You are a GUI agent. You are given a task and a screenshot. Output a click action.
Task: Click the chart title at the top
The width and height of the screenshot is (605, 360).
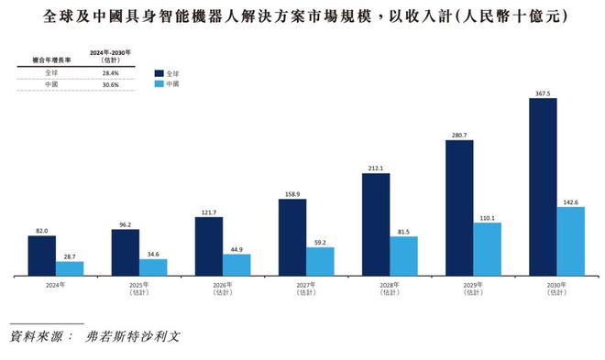(303, 16)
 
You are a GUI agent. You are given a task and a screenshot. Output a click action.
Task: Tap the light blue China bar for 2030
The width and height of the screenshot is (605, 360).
(571, 240)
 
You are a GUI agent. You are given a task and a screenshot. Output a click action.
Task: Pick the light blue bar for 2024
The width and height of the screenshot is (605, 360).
(70, 267)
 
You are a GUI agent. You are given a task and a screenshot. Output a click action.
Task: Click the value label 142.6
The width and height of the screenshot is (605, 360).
(571, 200)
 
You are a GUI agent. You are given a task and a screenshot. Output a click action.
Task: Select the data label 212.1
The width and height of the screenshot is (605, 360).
(376, 168)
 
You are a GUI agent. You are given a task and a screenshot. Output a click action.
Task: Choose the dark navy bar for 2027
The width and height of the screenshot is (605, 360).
(292, 236)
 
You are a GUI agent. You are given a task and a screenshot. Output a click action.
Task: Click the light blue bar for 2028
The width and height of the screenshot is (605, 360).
(404, 256)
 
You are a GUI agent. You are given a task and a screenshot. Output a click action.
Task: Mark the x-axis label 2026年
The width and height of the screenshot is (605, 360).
(210, 286)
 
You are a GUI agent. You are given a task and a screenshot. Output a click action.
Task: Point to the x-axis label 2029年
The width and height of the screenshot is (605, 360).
(460, 286)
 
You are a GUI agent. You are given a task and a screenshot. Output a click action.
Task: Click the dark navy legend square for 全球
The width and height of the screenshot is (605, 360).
(159, 71)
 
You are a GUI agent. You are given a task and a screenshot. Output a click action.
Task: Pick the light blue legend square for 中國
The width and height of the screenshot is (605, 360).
(159, 83)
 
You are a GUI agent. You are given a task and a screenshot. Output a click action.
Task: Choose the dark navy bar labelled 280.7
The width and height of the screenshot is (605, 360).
(460, 206)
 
